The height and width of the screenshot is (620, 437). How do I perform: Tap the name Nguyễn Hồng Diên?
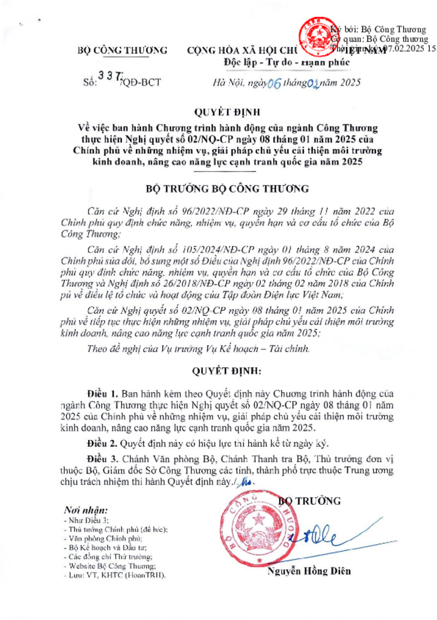[x=309, y=571]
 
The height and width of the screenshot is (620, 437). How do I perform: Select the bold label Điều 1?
[x=102, y=393]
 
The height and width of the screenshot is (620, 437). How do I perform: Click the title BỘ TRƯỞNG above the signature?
[x=310, y=500]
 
